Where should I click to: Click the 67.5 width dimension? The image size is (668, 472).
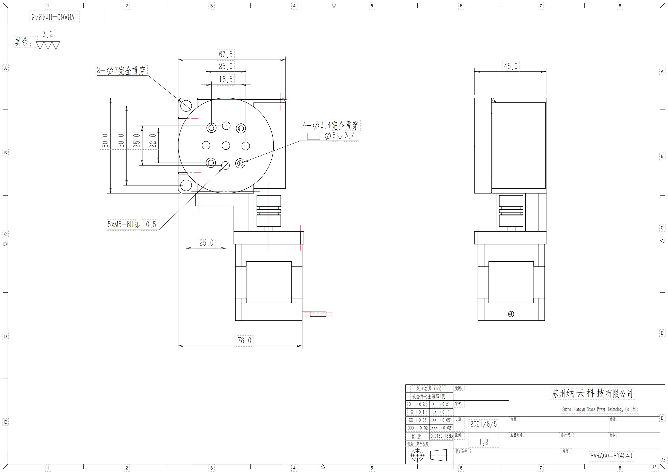pos(226,54)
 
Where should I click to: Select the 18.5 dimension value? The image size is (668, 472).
pos(226,79)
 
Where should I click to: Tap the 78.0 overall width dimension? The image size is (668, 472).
pos(244,340)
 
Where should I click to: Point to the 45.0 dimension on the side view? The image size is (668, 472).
pos(511,66)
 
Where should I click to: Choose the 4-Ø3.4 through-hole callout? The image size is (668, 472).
pos(331,126)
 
